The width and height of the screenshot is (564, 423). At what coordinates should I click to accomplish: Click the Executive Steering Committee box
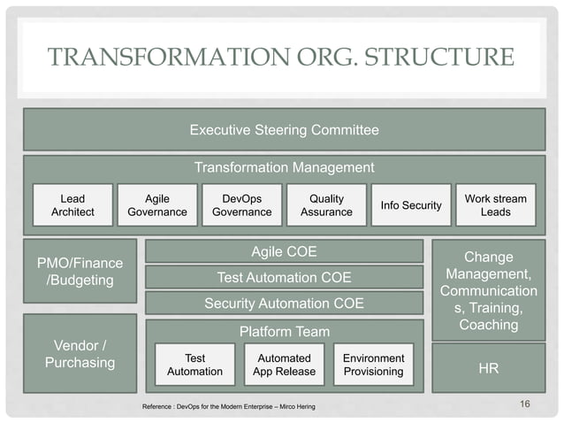point(284,130)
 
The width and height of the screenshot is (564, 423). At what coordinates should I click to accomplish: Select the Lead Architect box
point(72,205)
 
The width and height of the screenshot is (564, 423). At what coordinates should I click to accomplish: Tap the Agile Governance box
point(157,205)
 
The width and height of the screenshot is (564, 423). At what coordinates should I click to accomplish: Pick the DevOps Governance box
point(242,205)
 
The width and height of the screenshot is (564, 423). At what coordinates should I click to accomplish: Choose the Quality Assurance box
point(326,205)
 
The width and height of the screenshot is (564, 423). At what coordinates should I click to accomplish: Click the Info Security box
point(410,205)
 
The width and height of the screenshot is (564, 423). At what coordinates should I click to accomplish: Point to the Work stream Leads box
point(495,205)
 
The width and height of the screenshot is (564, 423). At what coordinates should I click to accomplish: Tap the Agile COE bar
point(284,252)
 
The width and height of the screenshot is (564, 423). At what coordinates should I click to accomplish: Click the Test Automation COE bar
point(284,278)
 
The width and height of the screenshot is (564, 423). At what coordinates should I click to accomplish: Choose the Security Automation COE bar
point(284,304)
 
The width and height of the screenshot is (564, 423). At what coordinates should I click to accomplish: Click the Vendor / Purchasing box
point(80,353)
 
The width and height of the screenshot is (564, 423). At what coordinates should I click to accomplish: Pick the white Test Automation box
point(194,365)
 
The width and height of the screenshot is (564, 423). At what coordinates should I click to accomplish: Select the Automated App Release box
point(285,365)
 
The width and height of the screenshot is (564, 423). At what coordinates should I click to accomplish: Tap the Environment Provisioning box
point(373,365)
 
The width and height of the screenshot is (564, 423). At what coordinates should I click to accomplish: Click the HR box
point(488,367)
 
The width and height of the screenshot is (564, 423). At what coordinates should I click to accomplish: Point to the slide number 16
point(525,404)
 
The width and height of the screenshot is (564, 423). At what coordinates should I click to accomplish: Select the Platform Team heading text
point(284,332)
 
